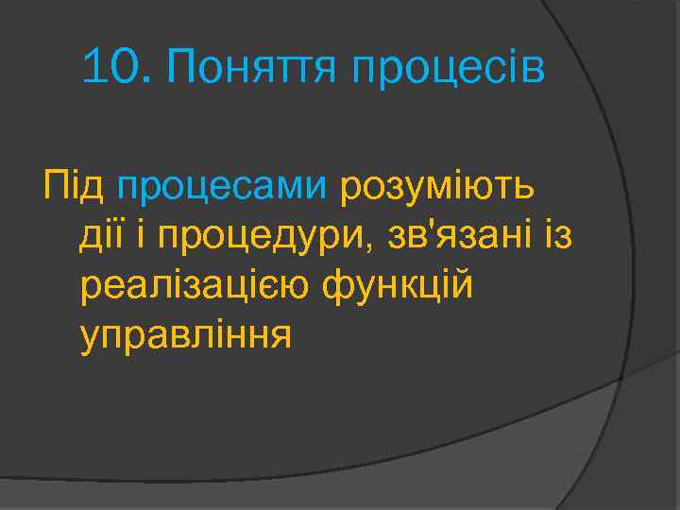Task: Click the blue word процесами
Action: (x=222, y=186)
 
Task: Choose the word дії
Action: (x=102, y=234)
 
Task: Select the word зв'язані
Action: (x=457, y=234)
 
